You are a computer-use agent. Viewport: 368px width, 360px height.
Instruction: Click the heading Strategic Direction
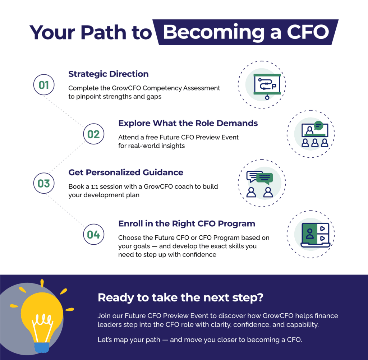point(109,74)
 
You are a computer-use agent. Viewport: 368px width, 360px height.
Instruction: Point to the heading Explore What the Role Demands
point(188,123)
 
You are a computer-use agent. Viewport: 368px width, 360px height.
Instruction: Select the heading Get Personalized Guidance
point(126,172)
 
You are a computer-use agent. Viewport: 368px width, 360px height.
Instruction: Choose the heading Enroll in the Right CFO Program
point(187,224)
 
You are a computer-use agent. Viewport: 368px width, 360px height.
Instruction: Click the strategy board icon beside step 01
point(267,86)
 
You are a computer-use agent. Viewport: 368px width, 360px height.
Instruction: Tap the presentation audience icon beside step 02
point(315,134)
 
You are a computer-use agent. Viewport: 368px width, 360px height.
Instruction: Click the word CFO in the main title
point(308,32)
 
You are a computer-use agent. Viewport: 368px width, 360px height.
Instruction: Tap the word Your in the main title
point(52,32)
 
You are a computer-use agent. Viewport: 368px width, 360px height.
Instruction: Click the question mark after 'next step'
point(260,297)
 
